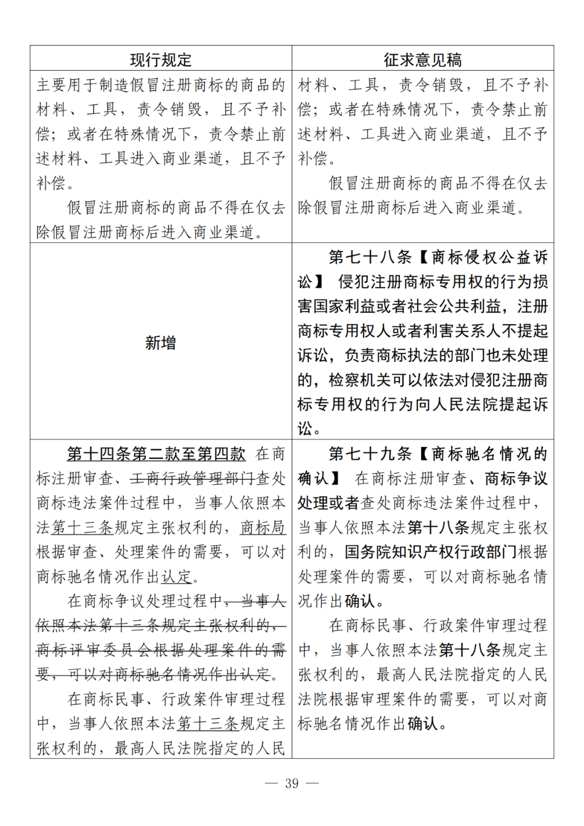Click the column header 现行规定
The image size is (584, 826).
(161, 60)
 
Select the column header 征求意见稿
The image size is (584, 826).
(422, 60)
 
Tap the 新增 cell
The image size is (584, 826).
(161, 342)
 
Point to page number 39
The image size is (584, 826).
(291, 783)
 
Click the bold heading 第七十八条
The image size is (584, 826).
(370, 257)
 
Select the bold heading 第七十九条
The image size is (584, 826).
(370, 454)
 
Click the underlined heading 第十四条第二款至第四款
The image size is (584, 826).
(156, 454)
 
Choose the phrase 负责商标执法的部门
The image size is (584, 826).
(415, 355)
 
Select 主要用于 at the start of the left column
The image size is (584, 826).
(67, 85)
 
